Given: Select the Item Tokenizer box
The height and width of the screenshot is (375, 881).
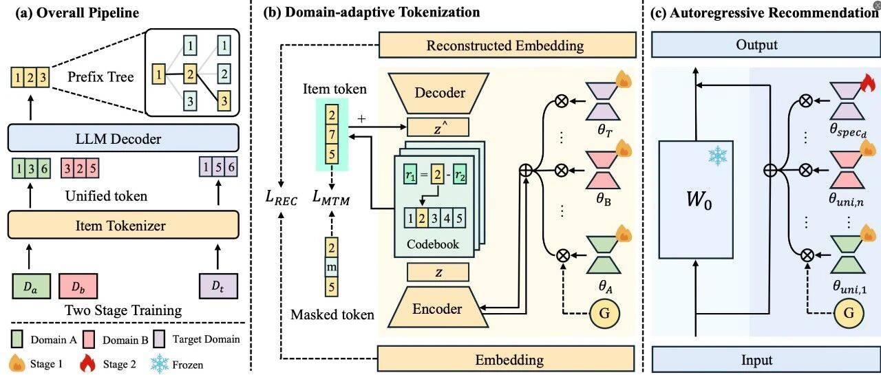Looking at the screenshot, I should [123, 224].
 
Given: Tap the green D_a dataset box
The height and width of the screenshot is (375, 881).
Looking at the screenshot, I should [28, 284].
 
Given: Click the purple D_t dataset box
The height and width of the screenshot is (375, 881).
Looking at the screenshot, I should [217, 284].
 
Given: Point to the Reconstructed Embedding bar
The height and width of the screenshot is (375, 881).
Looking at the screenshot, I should [505, 46].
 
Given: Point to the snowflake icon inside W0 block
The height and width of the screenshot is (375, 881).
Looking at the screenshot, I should [717, 156].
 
